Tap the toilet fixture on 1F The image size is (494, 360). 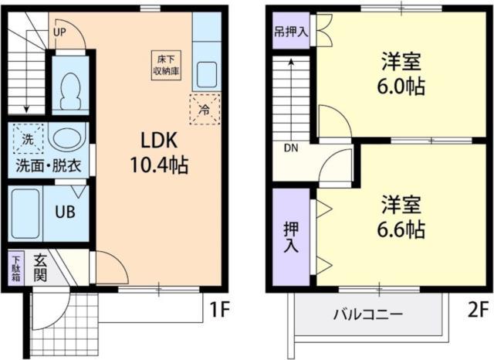(71, 90)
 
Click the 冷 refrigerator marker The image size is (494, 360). (205, 109)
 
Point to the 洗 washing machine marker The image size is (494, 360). (28, 140)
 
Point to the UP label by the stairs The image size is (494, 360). (61, 32)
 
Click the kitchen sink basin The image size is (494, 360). (206, 76)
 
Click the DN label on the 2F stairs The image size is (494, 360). (291, 148)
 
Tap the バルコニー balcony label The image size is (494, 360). (367, 315)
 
